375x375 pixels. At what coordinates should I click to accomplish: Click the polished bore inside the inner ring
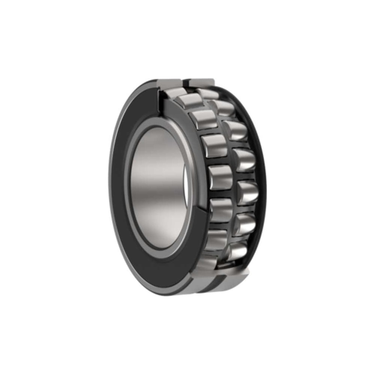click(157, 187)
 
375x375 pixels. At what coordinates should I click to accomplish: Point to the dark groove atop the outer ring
click(186, 81)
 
